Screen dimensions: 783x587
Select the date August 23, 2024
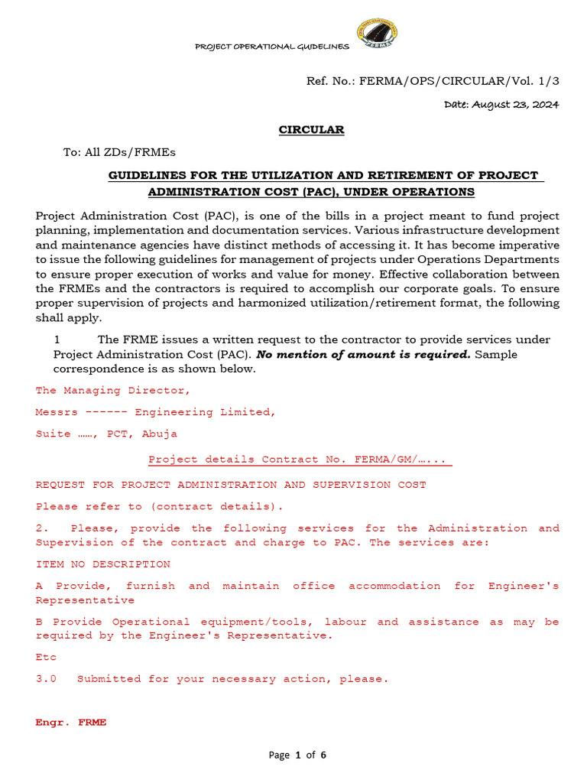[501, 104]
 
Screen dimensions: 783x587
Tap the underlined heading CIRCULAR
[311, 130]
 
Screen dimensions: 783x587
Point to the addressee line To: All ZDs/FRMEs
[119, 152]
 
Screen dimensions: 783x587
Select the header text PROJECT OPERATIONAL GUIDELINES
[272, 47]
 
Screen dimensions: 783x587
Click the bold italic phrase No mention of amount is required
[363, 355]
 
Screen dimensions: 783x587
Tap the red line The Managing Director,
[112, 390]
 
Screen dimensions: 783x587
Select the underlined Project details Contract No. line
[299, 460]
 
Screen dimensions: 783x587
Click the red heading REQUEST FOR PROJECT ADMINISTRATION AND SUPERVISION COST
[231, 485]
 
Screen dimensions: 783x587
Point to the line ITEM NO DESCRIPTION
[103, 564]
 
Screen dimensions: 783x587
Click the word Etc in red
[46, 657]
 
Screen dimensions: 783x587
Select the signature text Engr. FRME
[71, 722]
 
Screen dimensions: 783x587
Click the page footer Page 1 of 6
[297, 755]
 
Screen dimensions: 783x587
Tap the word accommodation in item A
[394, 586]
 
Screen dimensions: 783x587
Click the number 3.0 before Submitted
[46, 678]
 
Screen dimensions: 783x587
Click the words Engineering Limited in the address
[205, 412]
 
